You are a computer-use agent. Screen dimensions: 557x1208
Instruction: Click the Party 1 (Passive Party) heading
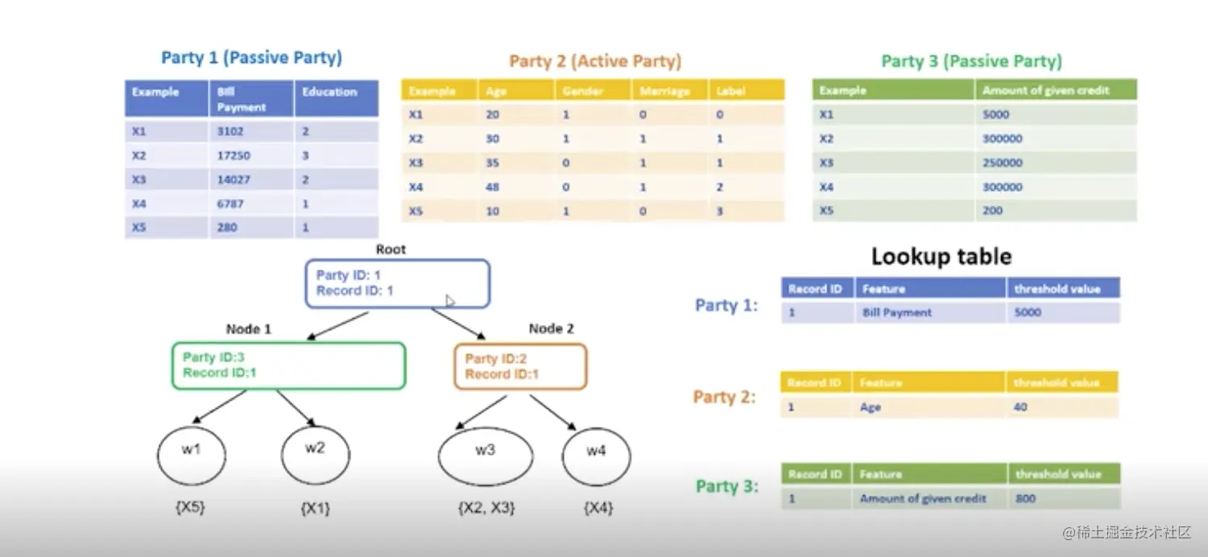pos(251,58)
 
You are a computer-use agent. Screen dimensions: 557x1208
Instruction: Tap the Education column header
pos(329,92)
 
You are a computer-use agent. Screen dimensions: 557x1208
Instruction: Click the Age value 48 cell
pos(493,188)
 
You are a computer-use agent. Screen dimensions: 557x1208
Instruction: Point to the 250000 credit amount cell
pos(1002,163)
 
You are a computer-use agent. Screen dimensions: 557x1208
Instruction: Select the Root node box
pos(397,283)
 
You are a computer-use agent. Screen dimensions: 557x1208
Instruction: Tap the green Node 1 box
pos(288,366)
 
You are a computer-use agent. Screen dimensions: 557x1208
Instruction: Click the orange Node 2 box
pos(520,366)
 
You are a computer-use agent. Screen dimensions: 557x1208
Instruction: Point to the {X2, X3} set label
pos(486,508)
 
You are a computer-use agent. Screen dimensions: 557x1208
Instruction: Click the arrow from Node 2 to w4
pos(552,411)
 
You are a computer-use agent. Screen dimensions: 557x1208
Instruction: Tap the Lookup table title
pos(941,257)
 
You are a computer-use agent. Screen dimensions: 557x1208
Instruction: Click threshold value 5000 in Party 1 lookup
pos(1028,312)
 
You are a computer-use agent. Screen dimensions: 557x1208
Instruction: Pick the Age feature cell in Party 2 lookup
pos(871,407)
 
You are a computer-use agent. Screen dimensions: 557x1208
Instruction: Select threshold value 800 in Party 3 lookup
pos(1025,499)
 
